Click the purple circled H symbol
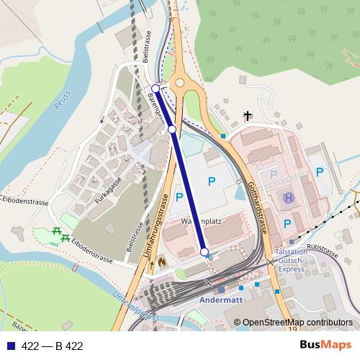(289, 197)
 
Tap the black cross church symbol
(248, 115)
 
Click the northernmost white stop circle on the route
(156, 89)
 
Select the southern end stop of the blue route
(204, 251)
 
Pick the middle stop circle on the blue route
(172, 129)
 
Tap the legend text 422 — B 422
(52, 346)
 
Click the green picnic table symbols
(60, 233)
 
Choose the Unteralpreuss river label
(135, 305)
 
